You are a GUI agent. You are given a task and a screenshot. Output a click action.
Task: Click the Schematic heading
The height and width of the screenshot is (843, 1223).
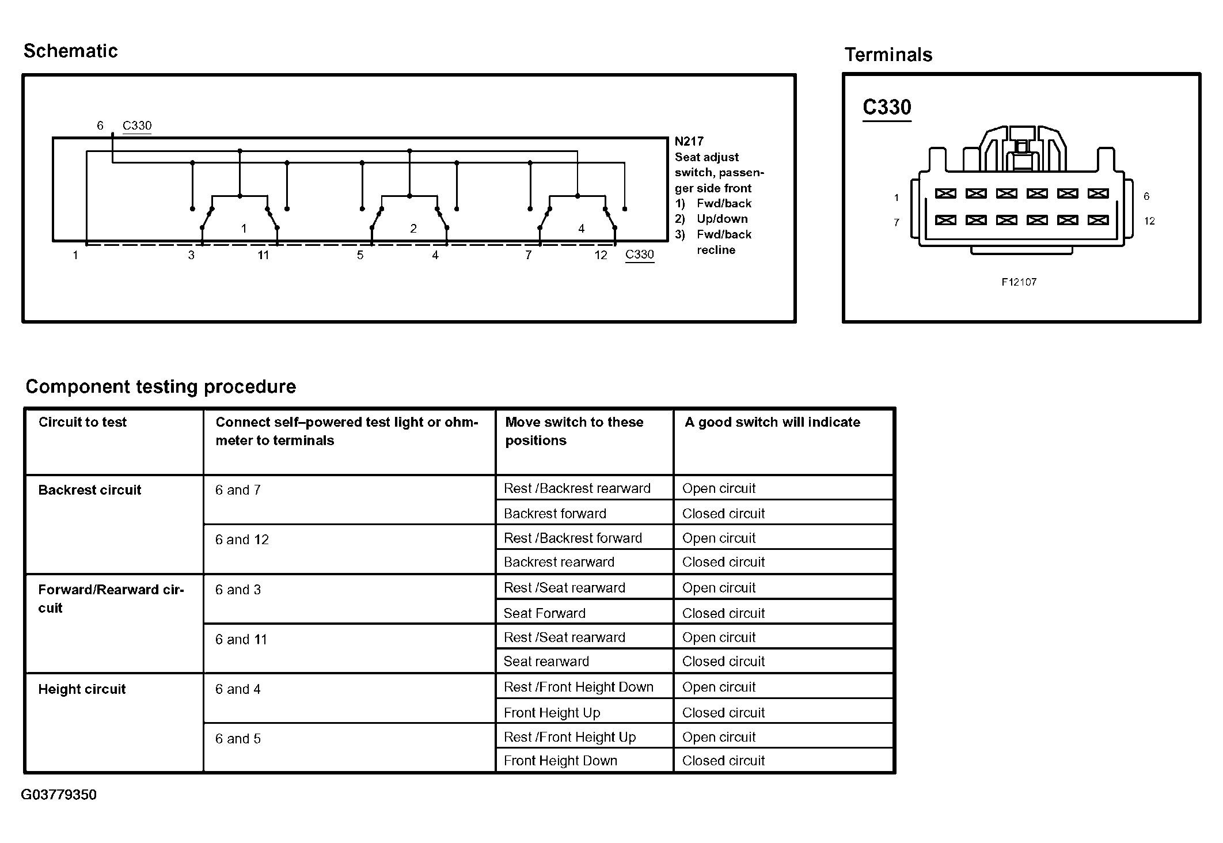click(x=70, y=51)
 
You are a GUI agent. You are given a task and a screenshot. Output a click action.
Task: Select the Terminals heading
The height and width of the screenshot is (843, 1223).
click(x=888, y=55)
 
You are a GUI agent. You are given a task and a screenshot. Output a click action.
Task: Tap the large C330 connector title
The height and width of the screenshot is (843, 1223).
click(x=887, y=108)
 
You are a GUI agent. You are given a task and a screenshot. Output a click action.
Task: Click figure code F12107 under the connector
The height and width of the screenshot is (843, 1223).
click(x=1019, y=282)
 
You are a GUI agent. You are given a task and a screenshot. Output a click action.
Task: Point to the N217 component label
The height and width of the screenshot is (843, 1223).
click(x=689, y=142)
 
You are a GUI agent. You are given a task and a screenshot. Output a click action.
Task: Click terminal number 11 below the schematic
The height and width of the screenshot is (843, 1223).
click(x=263, y=255)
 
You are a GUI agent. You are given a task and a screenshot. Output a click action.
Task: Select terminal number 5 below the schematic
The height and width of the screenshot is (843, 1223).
click(x=360, y=255)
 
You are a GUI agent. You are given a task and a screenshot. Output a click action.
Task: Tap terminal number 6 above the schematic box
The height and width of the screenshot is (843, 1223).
click(x=100, y=126)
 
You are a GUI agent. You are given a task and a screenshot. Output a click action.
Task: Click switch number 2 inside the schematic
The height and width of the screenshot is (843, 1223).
click(x=413, y=229)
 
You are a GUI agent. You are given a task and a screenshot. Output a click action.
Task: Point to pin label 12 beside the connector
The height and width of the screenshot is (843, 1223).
click(x=1149, y=221)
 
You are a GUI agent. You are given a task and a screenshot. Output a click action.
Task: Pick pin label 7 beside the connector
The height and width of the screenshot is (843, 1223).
click(x=896, y=222)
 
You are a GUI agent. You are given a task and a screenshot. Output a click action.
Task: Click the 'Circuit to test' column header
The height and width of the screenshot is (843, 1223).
click(x=82, y=422)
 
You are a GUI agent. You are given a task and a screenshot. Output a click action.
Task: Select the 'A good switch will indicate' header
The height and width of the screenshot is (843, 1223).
click(x=772, y=422)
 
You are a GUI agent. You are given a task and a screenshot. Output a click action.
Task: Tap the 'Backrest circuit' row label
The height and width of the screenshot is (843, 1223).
click(x=89, y=490)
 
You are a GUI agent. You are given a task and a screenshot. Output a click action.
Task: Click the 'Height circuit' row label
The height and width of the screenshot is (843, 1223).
click(x=82, y=689)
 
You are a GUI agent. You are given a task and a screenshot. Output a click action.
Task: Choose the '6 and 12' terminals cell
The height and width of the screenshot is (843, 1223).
click(x=242, y=540)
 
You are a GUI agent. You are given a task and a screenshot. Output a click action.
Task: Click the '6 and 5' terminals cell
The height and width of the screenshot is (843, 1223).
click(x=238, y=739)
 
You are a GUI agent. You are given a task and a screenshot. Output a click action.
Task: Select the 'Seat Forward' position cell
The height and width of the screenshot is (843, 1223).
click(x=544, y=613)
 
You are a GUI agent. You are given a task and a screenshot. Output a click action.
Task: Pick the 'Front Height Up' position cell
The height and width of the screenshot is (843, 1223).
click(x=552, y=713)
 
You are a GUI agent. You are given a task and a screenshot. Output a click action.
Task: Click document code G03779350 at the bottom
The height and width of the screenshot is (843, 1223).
click(x=59, y=795)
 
